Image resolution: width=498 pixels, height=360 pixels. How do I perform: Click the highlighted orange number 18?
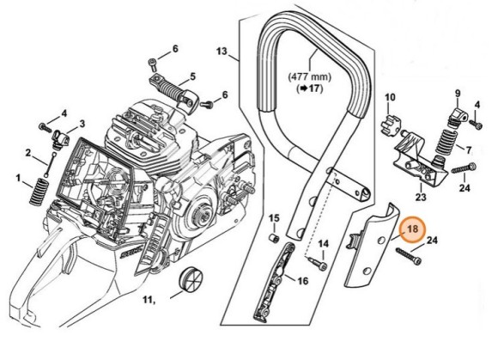click(412, 229)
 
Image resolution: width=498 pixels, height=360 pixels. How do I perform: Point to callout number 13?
click(222, 52)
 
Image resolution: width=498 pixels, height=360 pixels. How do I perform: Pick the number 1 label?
click(18, 178)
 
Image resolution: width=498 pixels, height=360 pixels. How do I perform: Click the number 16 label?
click(302, 281)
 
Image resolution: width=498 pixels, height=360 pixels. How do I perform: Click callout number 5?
click(192, 75)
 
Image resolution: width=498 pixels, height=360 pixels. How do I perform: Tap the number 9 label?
click(458, 93)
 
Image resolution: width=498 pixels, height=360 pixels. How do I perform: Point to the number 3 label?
click(82, 124)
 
